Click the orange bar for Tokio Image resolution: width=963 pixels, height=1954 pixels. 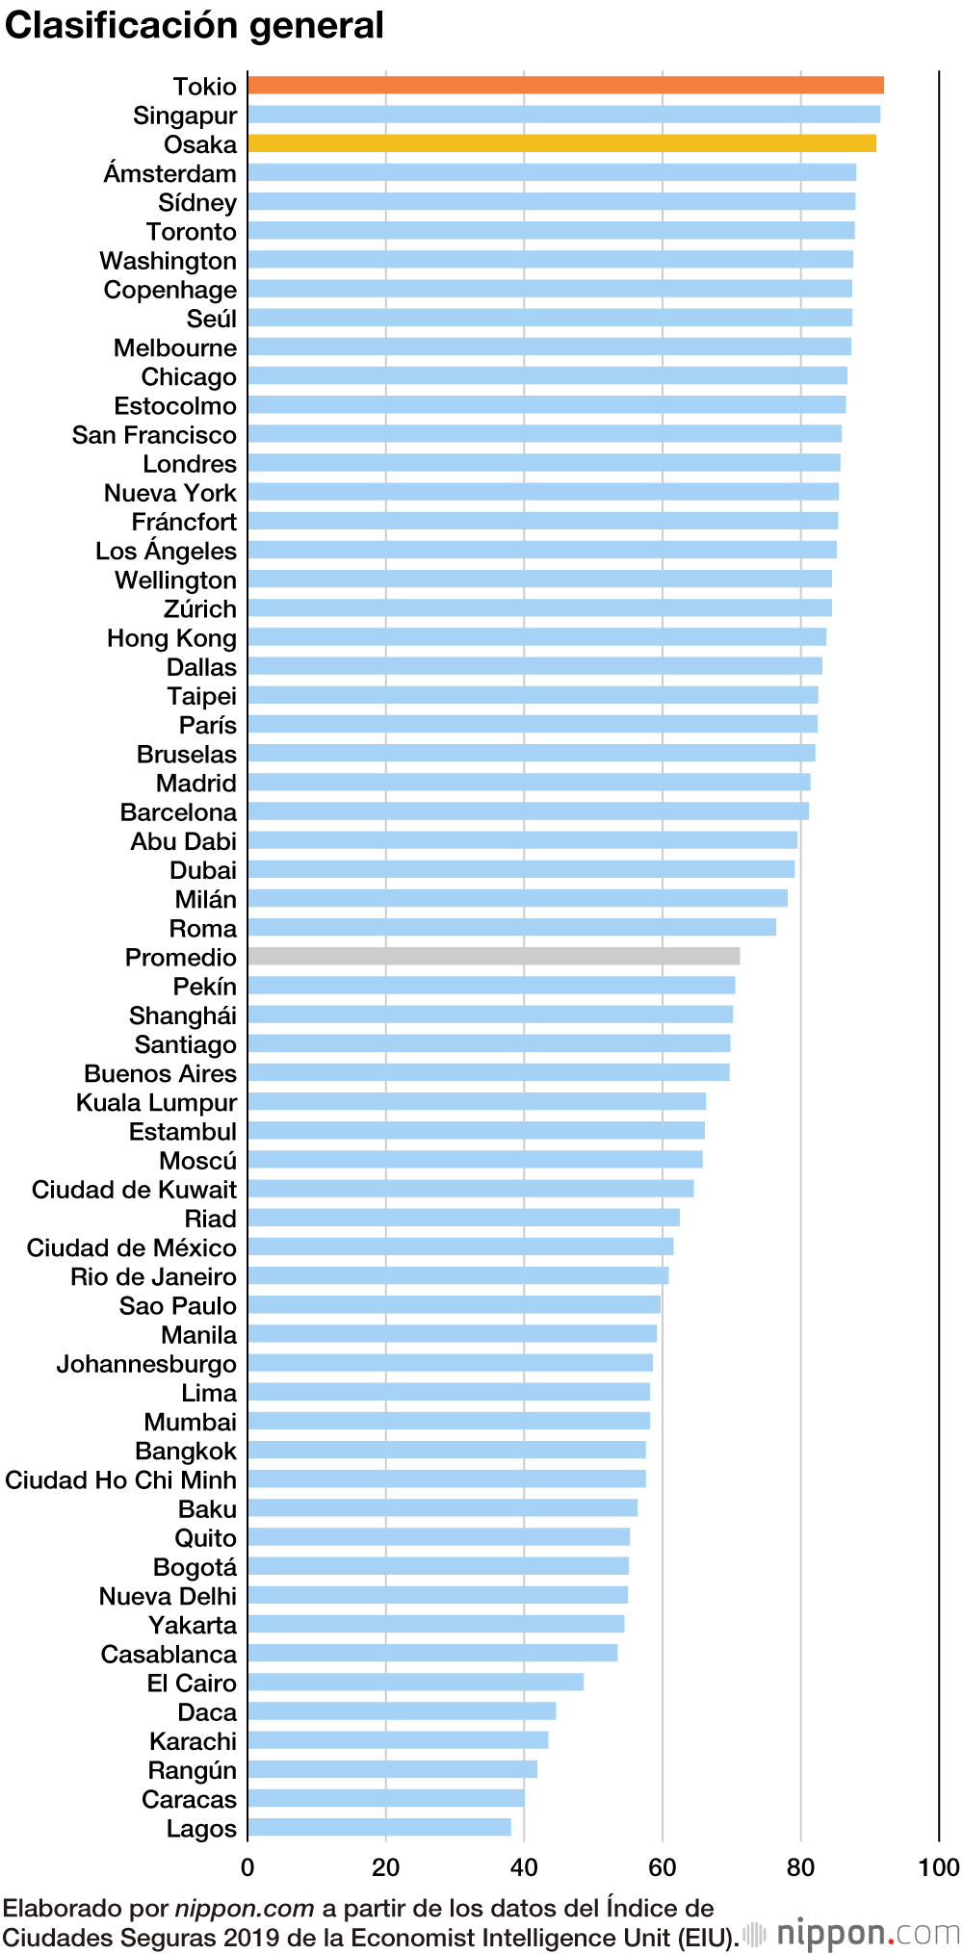pos(565,86)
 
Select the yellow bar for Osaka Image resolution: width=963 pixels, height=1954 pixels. pos(561,143)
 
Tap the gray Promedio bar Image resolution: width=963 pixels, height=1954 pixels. pos(493,956)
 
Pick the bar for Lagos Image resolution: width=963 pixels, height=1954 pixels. pos(378,1827)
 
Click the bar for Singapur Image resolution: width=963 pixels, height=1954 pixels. pos(563,115)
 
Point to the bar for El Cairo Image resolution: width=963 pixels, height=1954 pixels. pos(415,1682)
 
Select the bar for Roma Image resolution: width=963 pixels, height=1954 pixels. pos(511,927)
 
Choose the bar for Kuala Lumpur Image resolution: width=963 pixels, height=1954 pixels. pos(477,1101)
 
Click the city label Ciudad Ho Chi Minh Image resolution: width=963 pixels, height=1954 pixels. pos(120,1479)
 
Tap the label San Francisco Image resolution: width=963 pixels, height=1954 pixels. pos(154,435)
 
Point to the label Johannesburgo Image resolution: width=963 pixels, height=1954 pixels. pos(146,1364)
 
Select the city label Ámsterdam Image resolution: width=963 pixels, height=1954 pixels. pos(170,174)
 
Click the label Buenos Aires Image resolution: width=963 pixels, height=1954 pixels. pos(160,1073)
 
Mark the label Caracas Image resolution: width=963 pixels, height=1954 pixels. pos(189,1799)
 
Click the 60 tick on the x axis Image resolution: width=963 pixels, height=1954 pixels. pos(663,1868)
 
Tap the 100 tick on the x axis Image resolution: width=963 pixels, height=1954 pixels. pos(939,1868)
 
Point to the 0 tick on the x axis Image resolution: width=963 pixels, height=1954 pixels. pos(247,1868)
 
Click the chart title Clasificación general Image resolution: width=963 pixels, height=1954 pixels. pos(195,26)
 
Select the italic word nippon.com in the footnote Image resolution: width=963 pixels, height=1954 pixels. pos(245,1909)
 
